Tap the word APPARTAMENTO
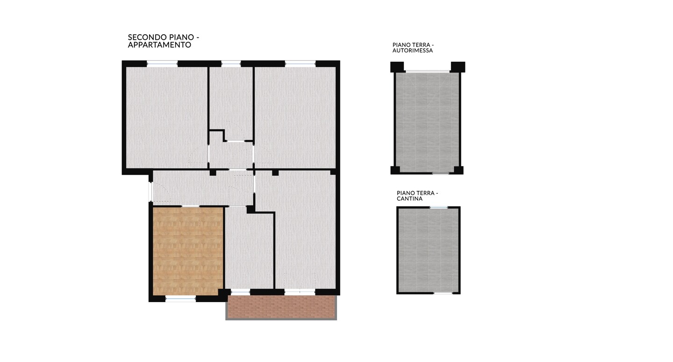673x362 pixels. tap(159, 45)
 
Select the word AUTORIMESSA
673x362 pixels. tap(413, 51)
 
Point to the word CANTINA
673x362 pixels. tap(409, 199)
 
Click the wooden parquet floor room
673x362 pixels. tap(188, 251)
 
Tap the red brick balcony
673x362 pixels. tap(281, 307)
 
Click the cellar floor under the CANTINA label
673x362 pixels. tap(428, 250)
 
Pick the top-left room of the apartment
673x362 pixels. tap(167, 117)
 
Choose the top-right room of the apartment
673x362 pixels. tap(295, 117)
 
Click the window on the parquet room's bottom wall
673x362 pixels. tap(180, 298)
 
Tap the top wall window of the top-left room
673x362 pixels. tap(162, 64)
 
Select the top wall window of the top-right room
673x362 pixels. tap(300, 64)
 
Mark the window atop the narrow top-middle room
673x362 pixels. tap(231, 64)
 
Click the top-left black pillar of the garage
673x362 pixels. tap(397, 67)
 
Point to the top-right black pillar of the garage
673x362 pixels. tap(458, 67)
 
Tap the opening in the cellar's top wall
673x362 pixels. tap(439, 207)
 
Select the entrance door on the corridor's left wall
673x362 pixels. tap(150, 192)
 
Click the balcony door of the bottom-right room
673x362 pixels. tap(300, 292)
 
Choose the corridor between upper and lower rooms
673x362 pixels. tap(203, 188)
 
